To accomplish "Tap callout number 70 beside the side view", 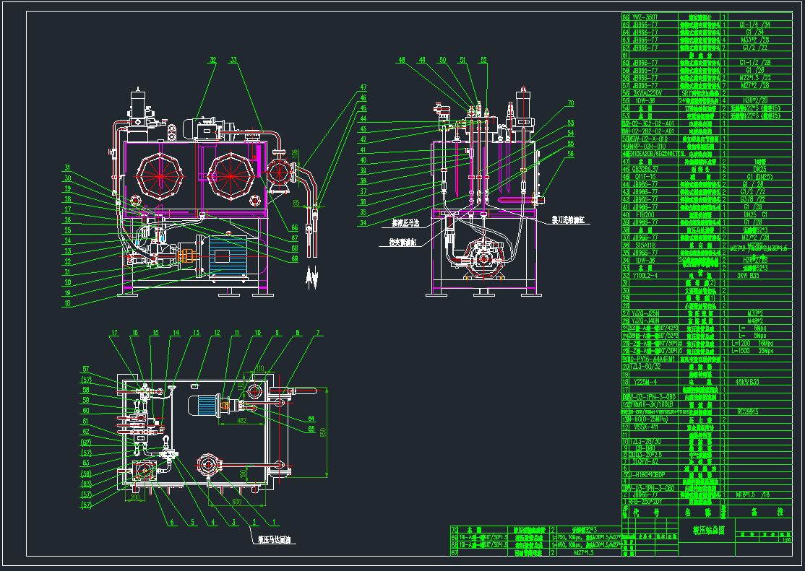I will (x=570, y=103).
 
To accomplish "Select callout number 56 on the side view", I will (x=570, y=154).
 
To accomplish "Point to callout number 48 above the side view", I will (x=402, y=60).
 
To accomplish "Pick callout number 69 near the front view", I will (x=295, y=258).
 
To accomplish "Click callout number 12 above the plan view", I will (x=216, y=333).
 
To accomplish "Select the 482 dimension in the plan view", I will (x=241, y=419).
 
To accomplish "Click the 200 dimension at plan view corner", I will (x=134, y=497).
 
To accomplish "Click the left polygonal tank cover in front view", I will (x=160, y=175).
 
